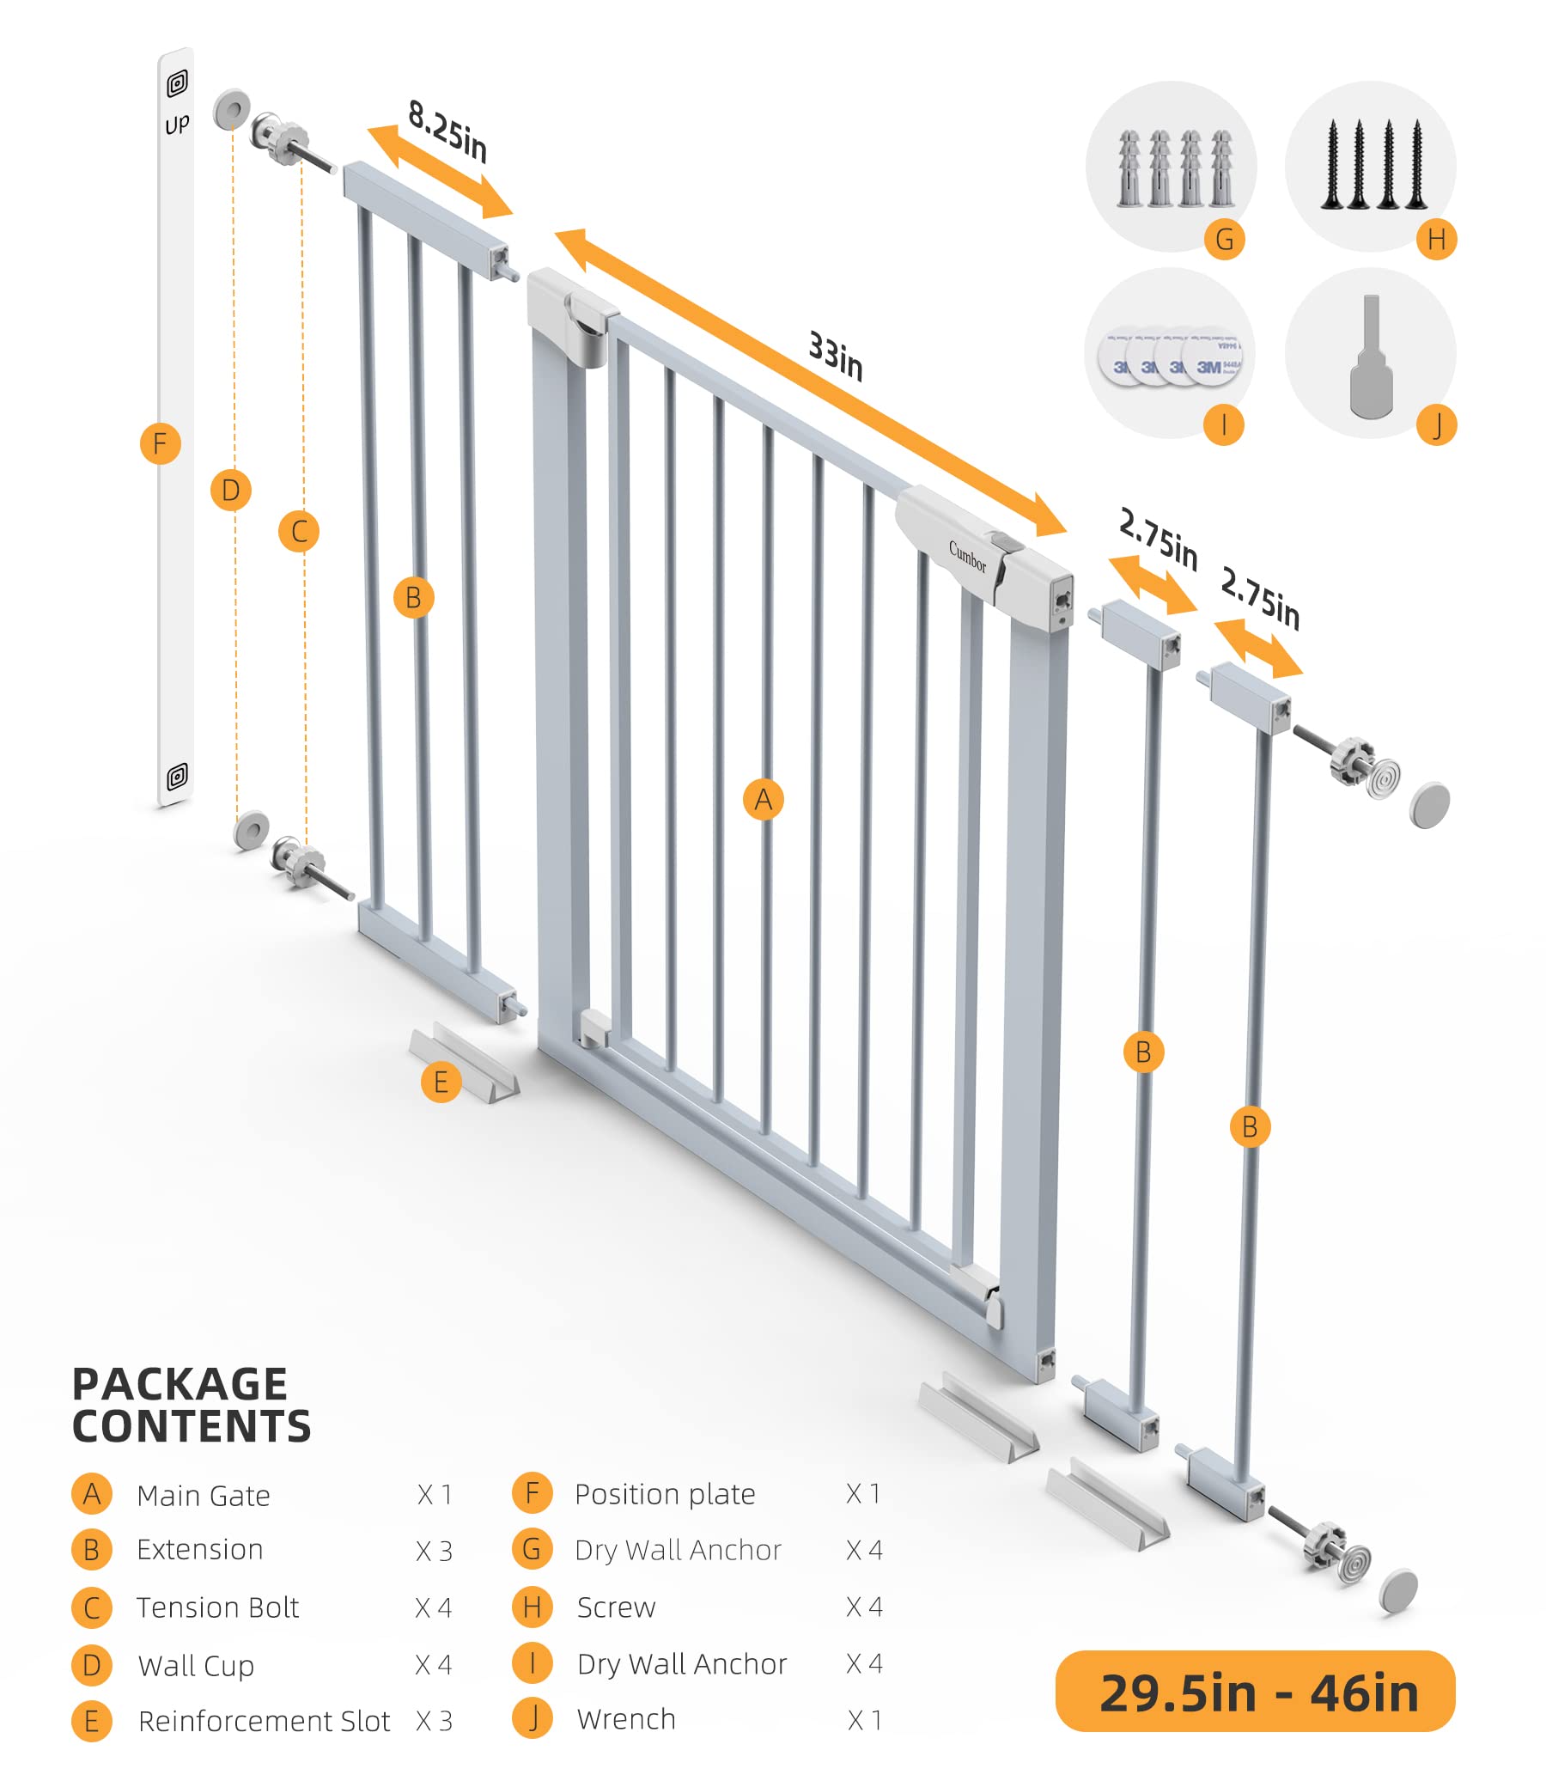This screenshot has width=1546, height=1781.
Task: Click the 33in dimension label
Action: (x=835, y=356)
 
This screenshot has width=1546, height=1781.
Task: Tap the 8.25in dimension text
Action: (x=447, y=131)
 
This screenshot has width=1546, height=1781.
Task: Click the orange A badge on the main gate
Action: (x=764, y=800)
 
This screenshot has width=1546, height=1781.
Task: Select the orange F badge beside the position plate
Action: (x=161, y=444)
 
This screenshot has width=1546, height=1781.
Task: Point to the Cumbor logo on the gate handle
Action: (x=967, y=557)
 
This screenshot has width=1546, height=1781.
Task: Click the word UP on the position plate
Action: (x=177, y=125)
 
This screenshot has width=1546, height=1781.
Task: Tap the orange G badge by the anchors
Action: (x=1224, y=239)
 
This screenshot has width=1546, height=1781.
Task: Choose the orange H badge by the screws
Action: (x=1436, y=239)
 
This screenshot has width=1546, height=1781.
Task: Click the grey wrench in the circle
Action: (x=1371, y=358)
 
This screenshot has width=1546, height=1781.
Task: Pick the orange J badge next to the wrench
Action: (x=1436, y=425)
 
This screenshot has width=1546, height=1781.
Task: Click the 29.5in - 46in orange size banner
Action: (x=1255, y=1693)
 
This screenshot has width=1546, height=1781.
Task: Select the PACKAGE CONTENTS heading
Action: (x=192, y=1406)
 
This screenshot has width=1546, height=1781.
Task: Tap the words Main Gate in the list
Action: (x=204, y=1496)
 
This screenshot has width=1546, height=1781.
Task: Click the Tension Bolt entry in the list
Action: (x=217, y=1607)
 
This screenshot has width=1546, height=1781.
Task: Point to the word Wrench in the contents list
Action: (x=626, y=1719)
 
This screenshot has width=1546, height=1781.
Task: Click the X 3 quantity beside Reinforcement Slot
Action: (x=434, y=1721)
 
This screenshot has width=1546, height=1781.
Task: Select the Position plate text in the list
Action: (x=664, y=1494)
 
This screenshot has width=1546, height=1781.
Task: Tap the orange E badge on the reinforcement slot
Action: (x=441, y=1082)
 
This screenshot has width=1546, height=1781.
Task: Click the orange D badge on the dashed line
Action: (x=230, y=490)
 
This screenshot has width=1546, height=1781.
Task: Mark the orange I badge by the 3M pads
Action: (x=1223, y=424)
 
